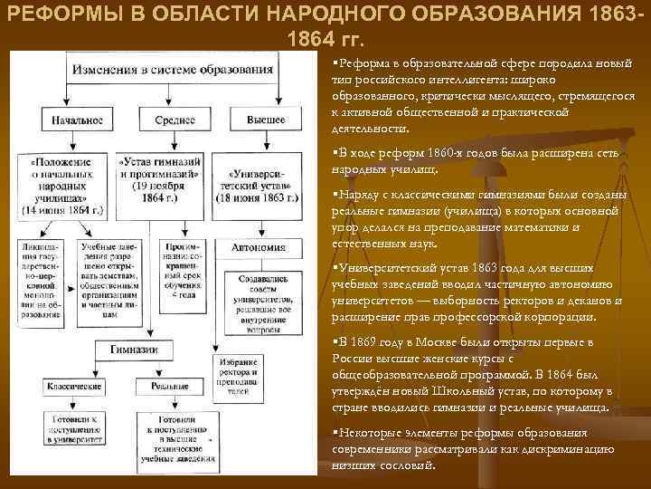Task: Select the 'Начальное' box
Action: point(71,120)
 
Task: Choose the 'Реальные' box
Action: point(164,385)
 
